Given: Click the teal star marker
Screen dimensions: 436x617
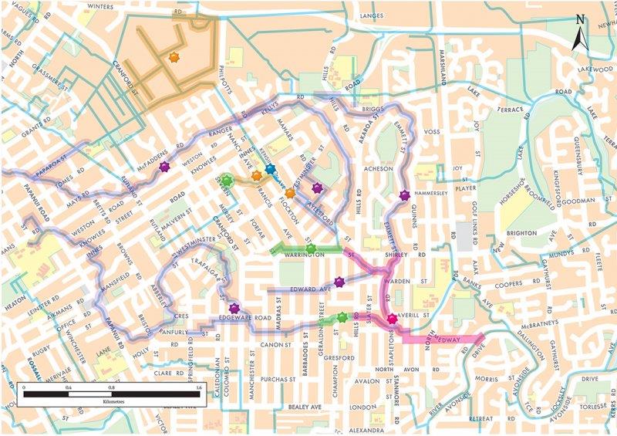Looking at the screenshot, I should [x=270, y=169].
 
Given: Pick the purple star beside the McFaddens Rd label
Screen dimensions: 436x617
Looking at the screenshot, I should [x=164, y=167].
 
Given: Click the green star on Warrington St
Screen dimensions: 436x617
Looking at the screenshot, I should [x=311, y=248].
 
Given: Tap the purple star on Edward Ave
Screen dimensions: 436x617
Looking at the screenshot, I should [x=339, y=282].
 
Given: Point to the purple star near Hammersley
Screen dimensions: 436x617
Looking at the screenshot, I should [x=405, y=196].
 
